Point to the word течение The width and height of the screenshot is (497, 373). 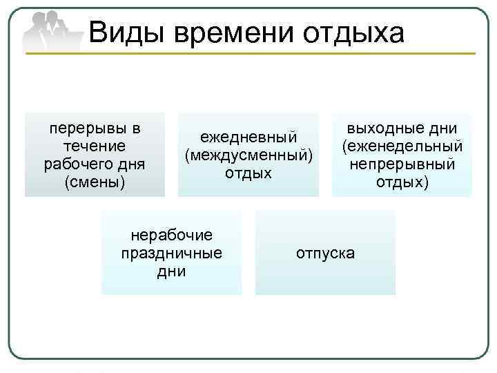coord(94,146)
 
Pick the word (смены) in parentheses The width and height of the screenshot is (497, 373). coord(94,183)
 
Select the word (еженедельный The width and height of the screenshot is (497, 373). coord(402,146)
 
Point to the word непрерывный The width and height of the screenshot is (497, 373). coord(402,164)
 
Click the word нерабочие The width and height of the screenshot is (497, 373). coord(172,235)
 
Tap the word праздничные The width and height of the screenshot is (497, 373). coord(172,253)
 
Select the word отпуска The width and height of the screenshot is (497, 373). coord(325,253)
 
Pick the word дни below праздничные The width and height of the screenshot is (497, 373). coord(172,271)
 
